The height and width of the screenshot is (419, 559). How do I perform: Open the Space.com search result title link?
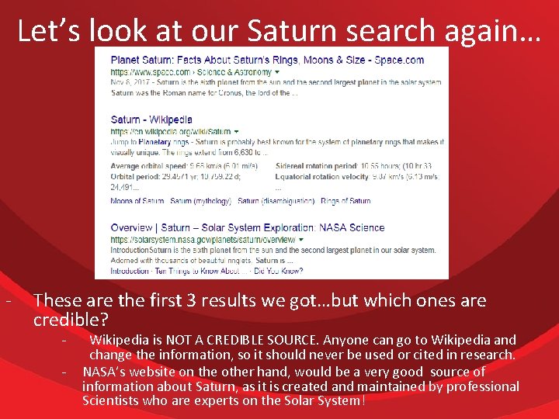coord(267,60)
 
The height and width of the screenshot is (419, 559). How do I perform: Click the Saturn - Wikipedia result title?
coord(151,119)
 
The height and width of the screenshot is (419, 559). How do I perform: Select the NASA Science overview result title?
coord(247,227)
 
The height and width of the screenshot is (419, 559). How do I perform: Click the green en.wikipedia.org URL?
coord(171,131)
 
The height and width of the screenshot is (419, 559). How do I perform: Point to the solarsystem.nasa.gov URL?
coord(202,240)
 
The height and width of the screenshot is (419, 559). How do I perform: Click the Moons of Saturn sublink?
coord(137,201)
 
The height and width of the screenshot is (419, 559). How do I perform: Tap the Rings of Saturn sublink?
coord(345,201)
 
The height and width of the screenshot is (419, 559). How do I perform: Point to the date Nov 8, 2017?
coord(133,82)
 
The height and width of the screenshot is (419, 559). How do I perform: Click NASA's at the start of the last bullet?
coord(103,372)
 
